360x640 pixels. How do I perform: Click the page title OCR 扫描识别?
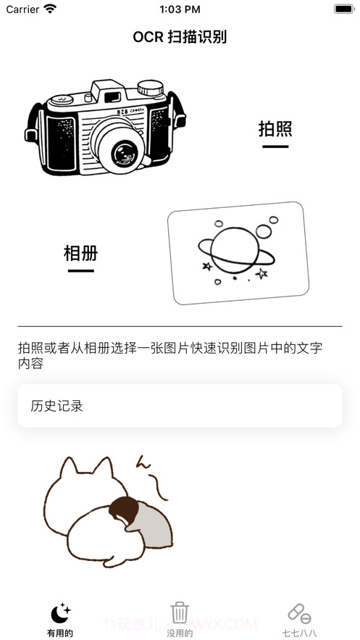pyautogui.click(x=180, y=37)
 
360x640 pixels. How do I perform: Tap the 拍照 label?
pyautogui.click(x=275, y=129)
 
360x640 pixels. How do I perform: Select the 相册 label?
pyautogui.click(x=80, y=254)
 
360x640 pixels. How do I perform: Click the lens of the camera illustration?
pyautogui.click(x=124, y=152)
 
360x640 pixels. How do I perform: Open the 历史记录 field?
pyautogui.click(x=180, y=406)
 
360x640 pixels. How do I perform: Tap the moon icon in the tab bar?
pyautogui.click(x=60, y=612)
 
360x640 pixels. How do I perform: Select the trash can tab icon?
pyautogui.click(x=180, y=612)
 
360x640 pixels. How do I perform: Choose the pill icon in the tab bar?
pyautogui.click(x=299, y=613)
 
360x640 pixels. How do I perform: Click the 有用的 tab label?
pyautogui.click(x=60, y=633)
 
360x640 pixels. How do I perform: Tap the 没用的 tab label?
pyautogui.click(x=180, y=633)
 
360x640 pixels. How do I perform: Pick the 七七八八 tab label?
pyautogui.click(x=299, y=633)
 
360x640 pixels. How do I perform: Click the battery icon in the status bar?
pyautogui.click(x=343, y=9)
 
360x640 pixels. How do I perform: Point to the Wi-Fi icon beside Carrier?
pyautogui.click(x=50, y=9)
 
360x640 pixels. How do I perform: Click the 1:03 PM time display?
pyautogui.click(x=179, y=9)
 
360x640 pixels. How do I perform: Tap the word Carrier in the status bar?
pyautogui.click(x=22, y=9)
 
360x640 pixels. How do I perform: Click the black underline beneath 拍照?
pyautogui.click(x=275, y=146)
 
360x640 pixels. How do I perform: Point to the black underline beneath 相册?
pyautogui.click(x=80, y=271)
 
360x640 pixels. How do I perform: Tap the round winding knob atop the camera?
pyautogui.click(x=150, y=87)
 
